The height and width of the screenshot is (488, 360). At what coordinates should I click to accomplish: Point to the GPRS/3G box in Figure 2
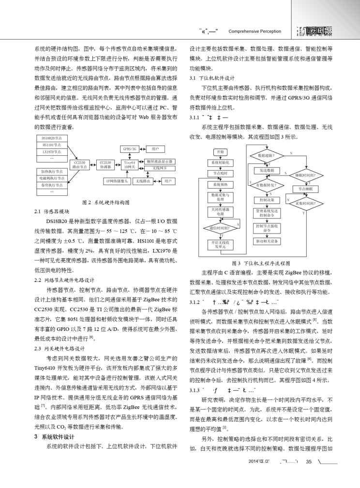pos(130,148)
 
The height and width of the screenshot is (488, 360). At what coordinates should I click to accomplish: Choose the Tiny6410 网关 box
pos(130,165)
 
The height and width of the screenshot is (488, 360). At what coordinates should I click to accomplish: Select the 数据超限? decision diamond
pos(267,156)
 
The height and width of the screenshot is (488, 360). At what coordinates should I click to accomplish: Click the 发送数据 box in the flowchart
pos(267,171)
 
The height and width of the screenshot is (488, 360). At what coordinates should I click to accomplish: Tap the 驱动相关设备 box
pos(267,240)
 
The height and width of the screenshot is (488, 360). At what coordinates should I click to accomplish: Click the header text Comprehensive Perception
pos(255,31)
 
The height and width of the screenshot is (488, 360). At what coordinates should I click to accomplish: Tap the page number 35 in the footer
pos(308,474)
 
